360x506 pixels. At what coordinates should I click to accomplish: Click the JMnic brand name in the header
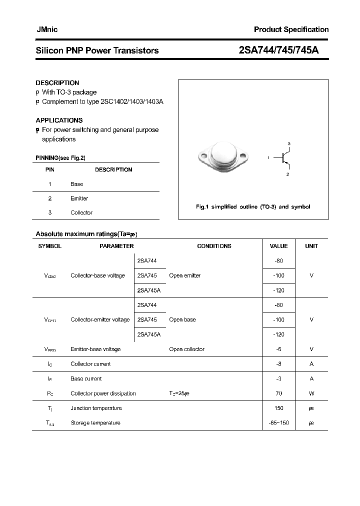pyautogui.click(x=47, y=29)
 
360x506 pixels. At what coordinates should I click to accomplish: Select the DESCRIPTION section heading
pyautogui.click(x=57, y=83)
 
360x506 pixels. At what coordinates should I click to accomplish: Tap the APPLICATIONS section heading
pyautogui.click(x=59, y=120)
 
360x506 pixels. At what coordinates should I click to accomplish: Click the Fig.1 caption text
pyautogui.click(x=252, y=207)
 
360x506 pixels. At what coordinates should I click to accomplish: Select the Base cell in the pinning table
pyautogui.click(x=77, y=184)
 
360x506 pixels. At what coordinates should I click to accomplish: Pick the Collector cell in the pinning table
pyautogui.click(x=81, y=212)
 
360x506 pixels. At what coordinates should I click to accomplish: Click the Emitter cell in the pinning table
pyautogui.click(x=79, y=198)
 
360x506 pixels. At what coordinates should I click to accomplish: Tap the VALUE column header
pyautogui.click(x=278, y=246)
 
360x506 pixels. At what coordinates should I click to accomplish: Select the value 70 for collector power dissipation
pyautogui.click(x=278, y=393)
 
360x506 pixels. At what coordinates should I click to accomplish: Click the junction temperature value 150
pyautogui.click(x=278, y=408)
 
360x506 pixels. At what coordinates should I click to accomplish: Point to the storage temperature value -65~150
pyautogui.click(x=278, y=423)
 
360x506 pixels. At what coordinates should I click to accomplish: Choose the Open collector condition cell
pyautogui.click(x=186, y=349)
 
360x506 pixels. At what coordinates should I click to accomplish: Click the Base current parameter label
pyautogui.click(x=86, y=378)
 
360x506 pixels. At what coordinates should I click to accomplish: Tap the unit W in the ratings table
pyautogui.click(x=311, y=393)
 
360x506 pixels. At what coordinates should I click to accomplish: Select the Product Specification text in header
pyautogui.click(x=291, y=29)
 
